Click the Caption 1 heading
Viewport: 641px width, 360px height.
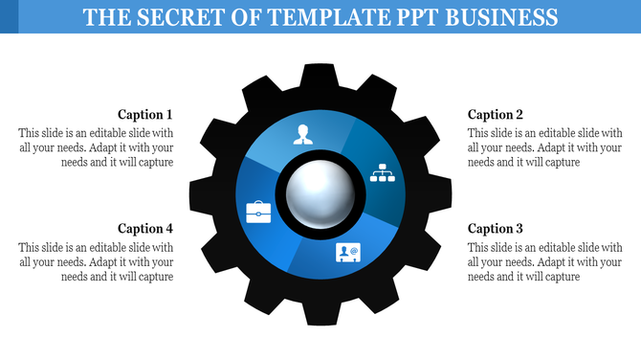[145, 115]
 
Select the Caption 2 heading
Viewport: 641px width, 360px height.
[496, 115]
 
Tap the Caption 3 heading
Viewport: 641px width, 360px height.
[496, 229]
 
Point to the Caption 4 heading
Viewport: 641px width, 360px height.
[145, 229]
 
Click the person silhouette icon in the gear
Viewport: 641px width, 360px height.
[303, 134]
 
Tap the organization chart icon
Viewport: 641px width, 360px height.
[383, 172]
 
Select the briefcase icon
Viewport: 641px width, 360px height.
[258, 211]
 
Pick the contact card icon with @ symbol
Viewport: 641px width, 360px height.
[347, 253]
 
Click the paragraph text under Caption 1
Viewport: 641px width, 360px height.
[96, 148]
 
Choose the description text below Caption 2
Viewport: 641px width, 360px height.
[545, 148]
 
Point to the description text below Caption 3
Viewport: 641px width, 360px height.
[545, 262]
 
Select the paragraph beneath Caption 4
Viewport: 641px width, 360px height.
[96, 262]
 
